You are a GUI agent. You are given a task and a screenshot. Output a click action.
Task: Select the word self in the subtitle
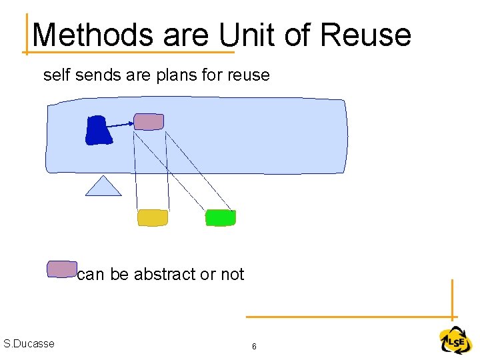tap(57, 75)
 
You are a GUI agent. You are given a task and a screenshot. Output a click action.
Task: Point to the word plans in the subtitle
tap(175, 75)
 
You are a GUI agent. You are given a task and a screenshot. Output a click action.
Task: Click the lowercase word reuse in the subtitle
tap(248, 75)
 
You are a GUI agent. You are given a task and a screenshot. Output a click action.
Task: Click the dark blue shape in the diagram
tap(98, 130)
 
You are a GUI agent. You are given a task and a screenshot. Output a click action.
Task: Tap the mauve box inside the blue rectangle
tap(148, 121)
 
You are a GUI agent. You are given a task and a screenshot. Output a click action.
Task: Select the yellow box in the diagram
tap(153, 217)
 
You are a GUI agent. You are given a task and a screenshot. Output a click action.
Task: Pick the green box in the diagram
tap(220, 217)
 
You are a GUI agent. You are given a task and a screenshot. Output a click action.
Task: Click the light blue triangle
tap(103, 187)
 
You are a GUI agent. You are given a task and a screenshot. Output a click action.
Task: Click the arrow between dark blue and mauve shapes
tap(121, 124)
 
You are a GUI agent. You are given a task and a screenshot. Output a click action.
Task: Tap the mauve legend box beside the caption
tap(61, 269)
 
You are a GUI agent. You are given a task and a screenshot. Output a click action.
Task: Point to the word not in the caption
tap(233, 274)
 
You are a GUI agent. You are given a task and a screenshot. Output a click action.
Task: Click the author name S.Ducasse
tap(29, 343)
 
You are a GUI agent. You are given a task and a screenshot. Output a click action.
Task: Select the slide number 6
tap(254, 347)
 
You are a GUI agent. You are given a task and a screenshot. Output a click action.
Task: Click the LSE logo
tap(455, 341)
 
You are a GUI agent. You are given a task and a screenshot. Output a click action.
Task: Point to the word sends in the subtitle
tap(99, 75)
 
